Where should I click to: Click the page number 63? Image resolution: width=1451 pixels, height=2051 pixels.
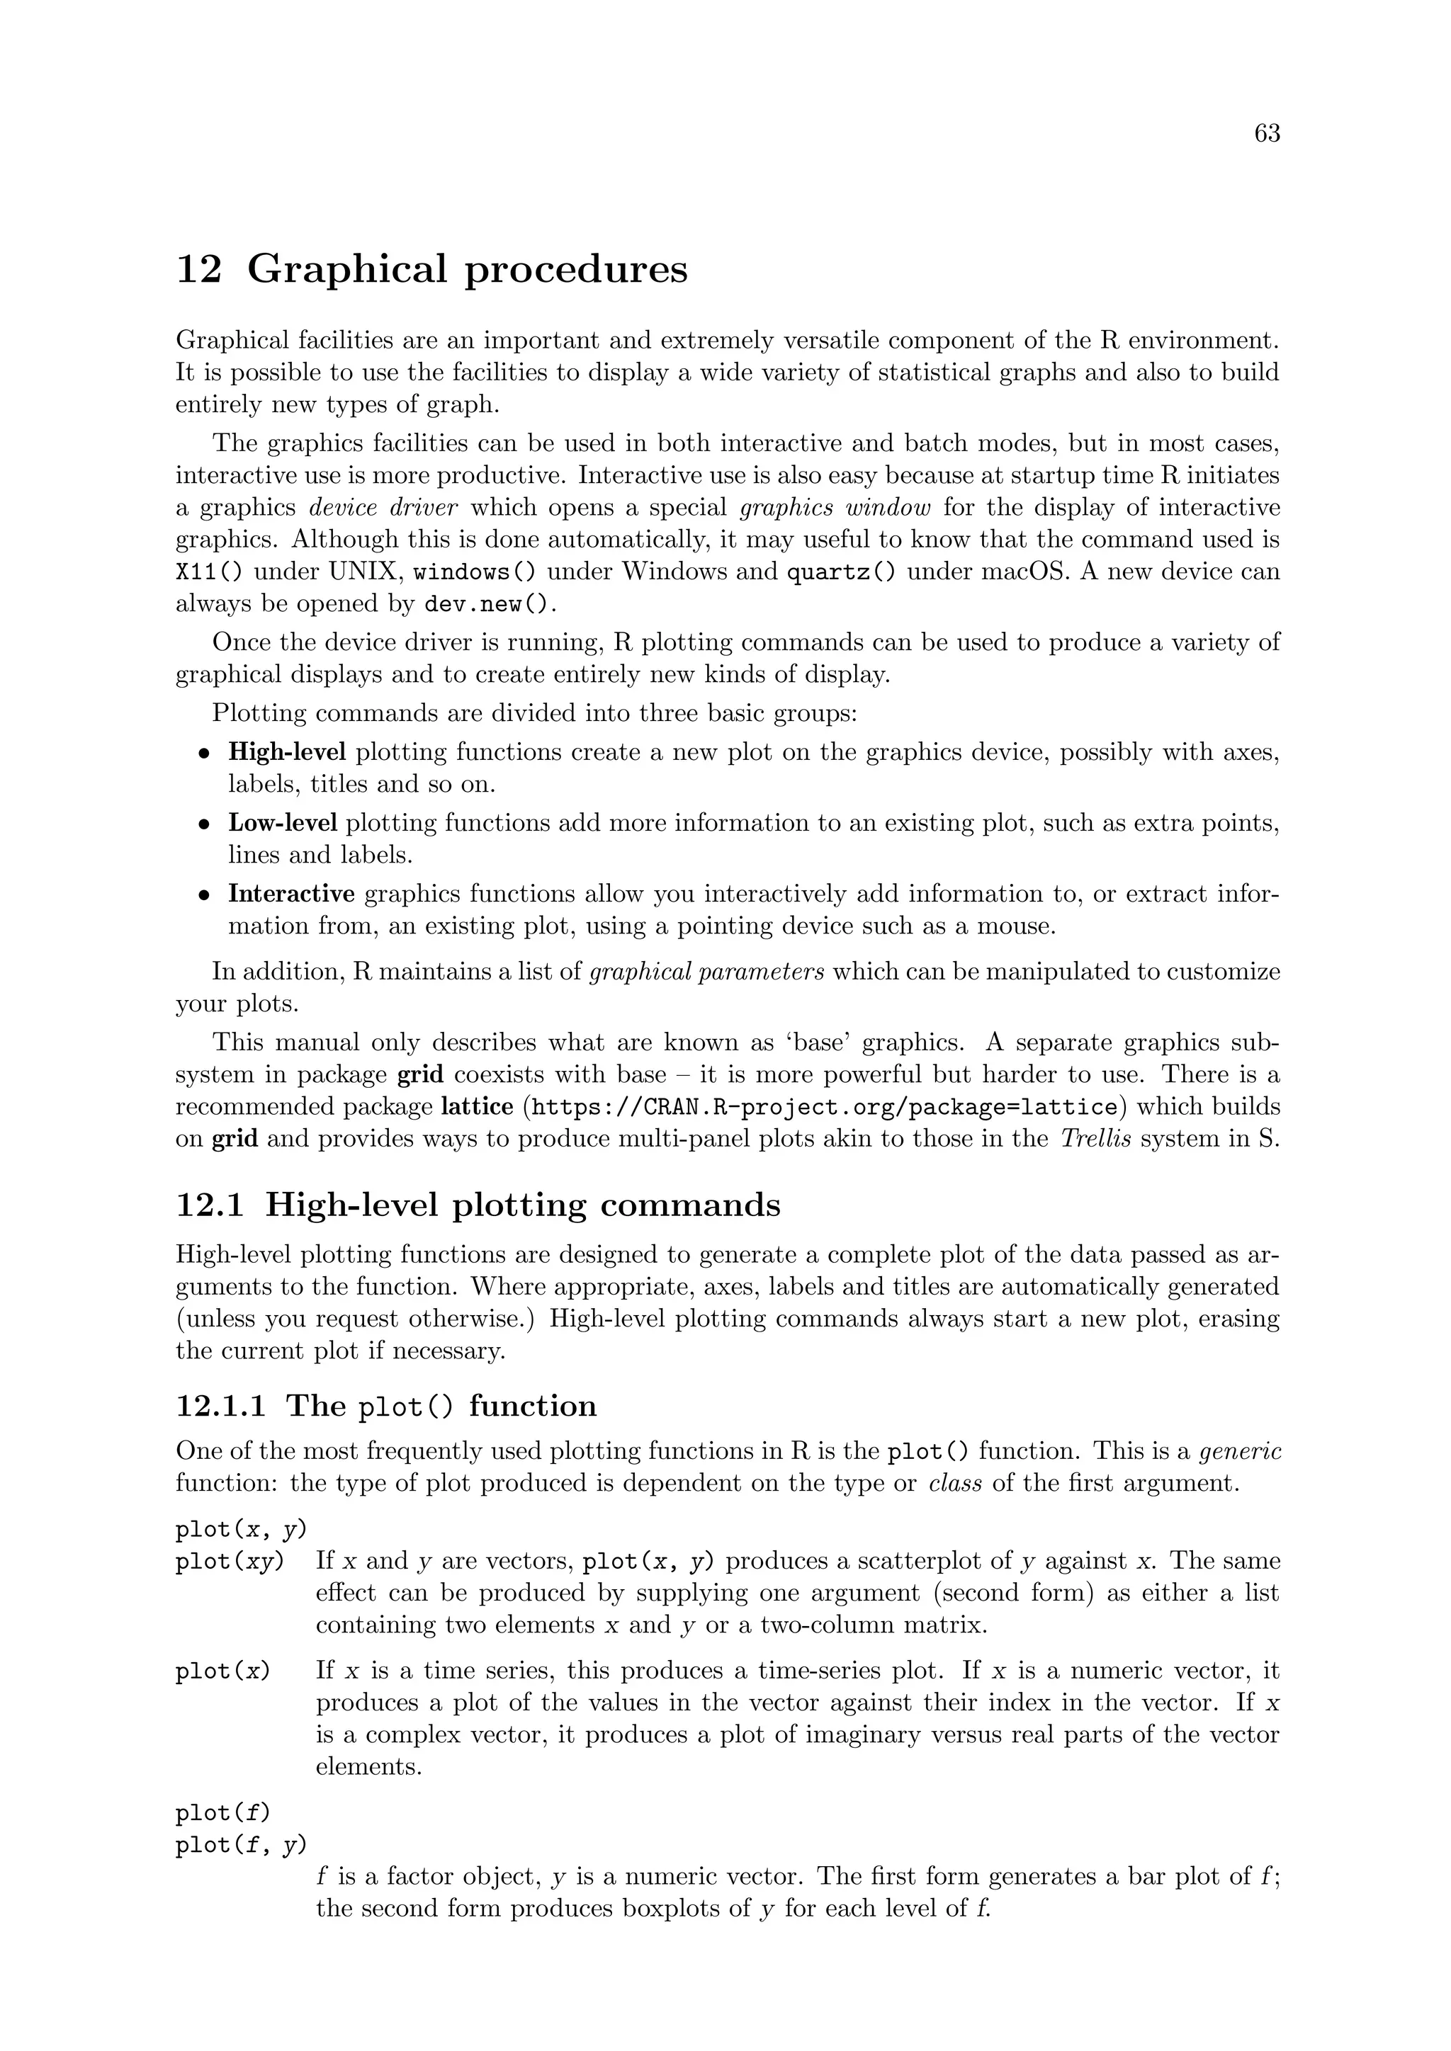[1266, 133]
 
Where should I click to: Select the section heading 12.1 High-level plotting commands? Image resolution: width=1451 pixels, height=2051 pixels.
[478, 1205]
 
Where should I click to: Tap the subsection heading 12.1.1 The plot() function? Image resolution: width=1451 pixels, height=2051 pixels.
[386, 1406]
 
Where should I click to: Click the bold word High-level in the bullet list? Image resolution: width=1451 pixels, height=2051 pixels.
[287, 752]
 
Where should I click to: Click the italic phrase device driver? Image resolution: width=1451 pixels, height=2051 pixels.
[383, 507]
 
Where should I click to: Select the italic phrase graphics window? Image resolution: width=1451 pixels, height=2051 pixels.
[835, 507]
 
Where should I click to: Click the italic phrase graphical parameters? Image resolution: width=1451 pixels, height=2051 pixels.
[708, 971]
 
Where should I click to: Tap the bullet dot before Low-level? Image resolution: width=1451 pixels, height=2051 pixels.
[205, 824]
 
